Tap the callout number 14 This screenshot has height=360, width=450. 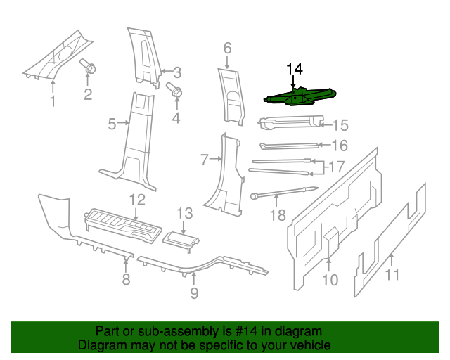(x=294, y=69)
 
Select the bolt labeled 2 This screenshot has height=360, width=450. (x=90, y=68)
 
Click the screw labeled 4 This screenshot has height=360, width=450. (x=172, y=90)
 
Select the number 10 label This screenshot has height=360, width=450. (x=330, y=280)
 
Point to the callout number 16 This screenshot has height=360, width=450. (x=340, y=146)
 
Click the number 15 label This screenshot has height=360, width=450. (x=340, y=125)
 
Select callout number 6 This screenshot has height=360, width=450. (x=227, y=49)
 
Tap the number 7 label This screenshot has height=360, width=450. (x=205, y=160)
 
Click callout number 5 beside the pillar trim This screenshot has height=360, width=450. (x=112, y=124)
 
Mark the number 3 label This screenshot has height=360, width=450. (x=177, y=72)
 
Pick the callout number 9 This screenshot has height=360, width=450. (x=194, y=292)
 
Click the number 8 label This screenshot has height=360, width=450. (x=126, y=280)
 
